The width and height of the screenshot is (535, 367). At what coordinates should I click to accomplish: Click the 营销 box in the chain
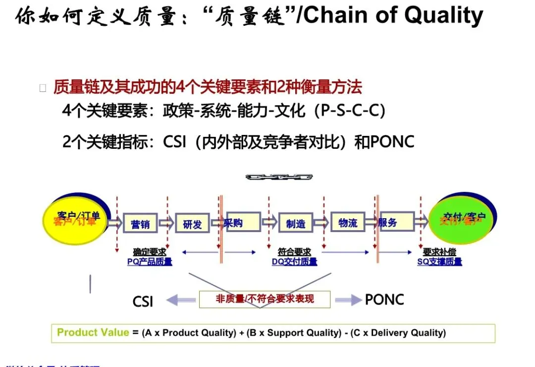coord(141,224)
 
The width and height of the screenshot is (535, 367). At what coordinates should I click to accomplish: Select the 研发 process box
coord(192,224)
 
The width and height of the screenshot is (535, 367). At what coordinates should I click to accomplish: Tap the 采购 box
coord(242,222)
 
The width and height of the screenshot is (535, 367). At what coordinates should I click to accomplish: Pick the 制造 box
coord(296,224)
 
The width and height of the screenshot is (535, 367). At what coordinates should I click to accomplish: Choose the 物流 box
coord(348,223)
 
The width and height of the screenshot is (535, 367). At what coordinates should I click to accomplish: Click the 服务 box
coord(396,222)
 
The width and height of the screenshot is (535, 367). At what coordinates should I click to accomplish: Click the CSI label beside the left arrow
coord(143,301)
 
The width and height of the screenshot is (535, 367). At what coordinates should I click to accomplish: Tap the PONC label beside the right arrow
coord(384,300)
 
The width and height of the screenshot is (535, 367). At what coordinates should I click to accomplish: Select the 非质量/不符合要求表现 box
coord(265,300)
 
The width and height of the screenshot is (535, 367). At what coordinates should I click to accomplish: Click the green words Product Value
coord(93,332)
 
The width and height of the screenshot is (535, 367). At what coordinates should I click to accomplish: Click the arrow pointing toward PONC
coord(348,300)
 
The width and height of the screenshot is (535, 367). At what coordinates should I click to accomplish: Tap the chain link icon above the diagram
coord(279,177)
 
